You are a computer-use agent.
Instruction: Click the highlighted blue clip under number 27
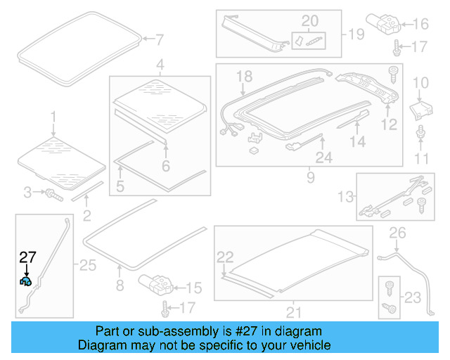click(25, 281)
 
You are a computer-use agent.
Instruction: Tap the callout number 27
click(27, 257)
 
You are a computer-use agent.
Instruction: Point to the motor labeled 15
click(156, 285)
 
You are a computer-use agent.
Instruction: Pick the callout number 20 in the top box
click(309, 20)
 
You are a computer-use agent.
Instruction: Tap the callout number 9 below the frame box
click(310, 179)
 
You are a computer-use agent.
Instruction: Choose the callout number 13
click(346, 196)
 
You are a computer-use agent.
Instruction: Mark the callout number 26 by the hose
click(398, 233)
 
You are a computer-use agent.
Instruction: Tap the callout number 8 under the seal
click(120, 285)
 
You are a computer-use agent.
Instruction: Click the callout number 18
click(243, 76)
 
